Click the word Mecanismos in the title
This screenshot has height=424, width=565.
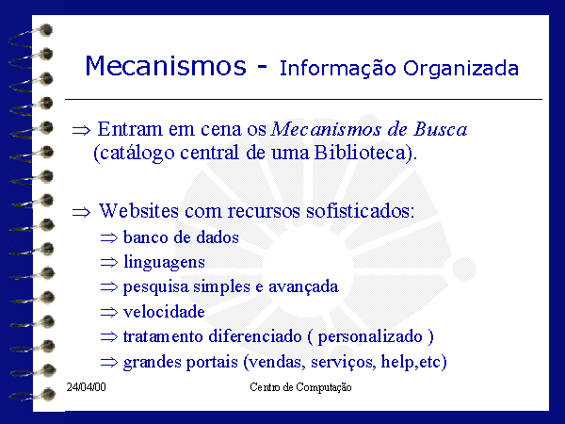point(166,65)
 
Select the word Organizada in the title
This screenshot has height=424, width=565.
point(460,69)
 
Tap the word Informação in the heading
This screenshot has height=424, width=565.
point(338,69)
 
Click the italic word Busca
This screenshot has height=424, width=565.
point(440,129)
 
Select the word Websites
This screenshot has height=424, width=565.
point(138,210)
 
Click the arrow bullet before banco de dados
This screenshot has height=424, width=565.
point(109,238)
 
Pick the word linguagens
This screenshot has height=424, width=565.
point(164,262)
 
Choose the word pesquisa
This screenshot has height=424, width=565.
point(155,287)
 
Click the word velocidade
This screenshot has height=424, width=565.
point(164,312)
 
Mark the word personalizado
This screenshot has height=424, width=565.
point(370,336)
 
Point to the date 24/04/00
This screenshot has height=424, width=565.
point(86,387)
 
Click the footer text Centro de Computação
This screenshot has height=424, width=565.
point(300,387)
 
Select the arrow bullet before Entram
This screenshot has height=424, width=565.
point(81,130)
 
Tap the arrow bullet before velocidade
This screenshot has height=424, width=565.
point(109,312)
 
